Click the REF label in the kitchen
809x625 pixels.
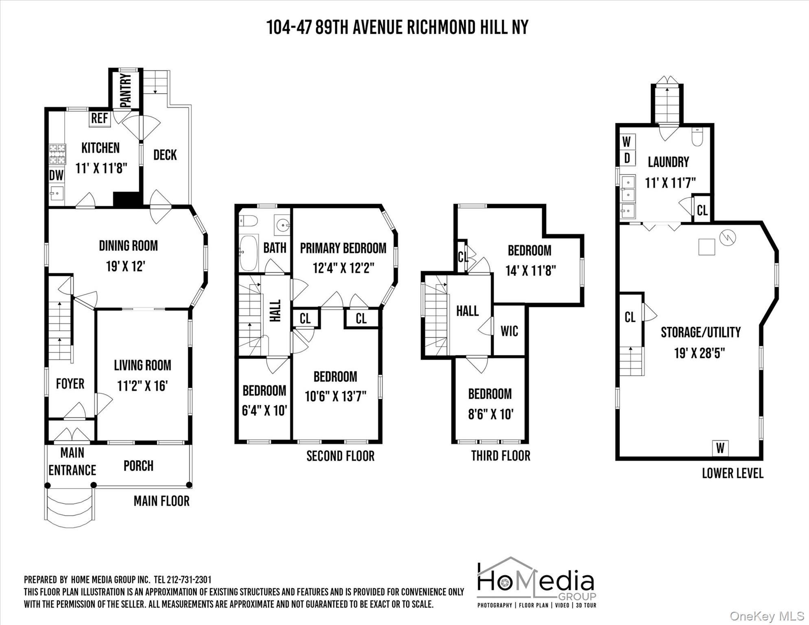coord(99,118)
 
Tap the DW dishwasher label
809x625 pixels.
coord(56,175)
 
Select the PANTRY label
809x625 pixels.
coord(126,90)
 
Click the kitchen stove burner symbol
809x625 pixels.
coord(57,154)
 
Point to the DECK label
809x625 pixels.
coord(165,155)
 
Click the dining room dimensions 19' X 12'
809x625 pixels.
coord(126,267)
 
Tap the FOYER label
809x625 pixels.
coord(70,384)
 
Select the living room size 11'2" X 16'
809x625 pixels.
coord(142,386)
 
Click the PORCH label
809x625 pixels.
coord(138,466)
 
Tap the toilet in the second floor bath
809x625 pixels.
coord(249,221)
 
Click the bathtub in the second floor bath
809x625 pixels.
coord(248,253)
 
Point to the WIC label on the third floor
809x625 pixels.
coord(509,331)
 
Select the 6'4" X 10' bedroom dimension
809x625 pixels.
coord(265,411)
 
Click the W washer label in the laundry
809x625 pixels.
coord(627,142)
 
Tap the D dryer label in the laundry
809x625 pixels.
coord(627,158)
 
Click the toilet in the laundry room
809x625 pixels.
coord(697,137)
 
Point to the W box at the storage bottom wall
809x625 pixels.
coord(720,448)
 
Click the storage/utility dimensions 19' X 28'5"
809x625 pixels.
coord(700,353)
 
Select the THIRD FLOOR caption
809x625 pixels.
coord(501,456)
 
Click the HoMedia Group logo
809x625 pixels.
coord(536,582)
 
